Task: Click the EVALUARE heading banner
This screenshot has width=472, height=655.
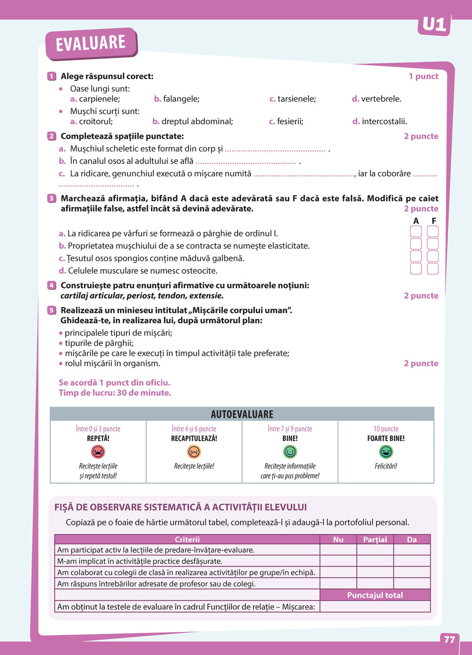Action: click(x=91, y=43)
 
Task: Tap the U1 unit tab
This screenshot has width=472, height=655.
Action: click(x=434, y=25)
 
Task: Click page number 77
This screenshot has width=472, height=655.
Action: click(x=449, y=639)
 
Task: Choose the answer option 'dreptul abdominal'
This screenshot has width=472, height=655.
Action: click(x=193, y=122)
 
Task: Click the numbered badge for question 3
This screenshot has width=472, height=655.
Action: click(x=51, y=198)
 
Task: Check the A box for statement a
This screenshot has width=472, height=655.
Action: click(x=416, y=231)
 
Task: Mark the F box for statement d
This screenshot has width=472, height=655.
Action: click(x=433, y=269)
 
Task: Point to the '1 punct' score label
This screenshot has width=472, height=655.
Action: click(x=423, y=76)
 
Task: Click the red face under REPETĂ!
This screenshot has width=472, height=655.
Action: click(x=98, y=452)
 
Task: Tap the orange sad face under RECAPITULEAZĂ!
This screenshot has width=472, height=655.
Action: click(x=194, y=452)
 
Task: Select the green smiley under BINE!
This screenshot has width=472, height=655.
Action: click(x=290, y=452)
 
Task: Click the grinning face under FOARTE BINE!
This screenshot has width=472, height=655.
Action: click(x=386, y=452)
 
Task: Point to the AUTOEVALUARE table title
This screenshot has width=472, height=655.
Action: click(x=242, y=414)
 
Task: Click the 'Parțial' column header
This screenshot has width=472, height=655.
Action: click(x=375, y=540)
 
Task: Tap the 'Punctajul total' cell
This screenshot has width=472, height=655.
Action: click(x=375, y=595)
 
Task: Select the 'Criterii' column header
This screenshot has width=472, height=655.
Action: click(x=187, y=540)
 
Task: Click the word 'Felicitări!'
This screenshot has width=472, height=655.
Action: click(x=386, y=466)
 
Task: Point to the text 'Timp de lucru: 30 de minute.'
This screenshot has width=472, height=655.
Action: click(x=115, y=393)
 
